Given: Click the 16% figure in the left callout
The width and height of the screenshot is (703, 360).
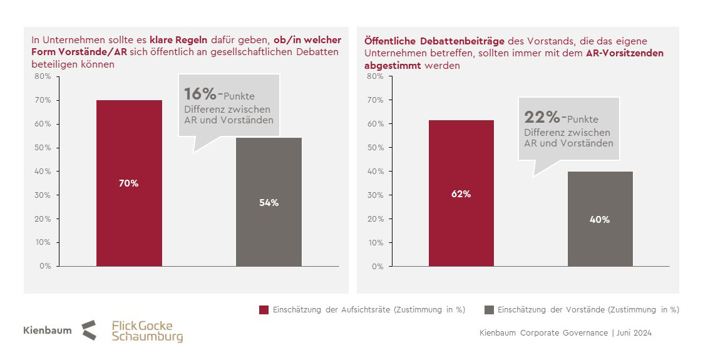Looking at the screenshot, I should pos(200,95).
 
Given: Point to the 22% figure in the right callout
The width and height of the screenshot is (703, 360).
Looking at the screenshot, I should pos(541,118).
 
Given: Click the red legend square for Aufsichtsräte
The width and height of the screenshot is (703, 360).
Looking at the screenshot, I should pos(264,310).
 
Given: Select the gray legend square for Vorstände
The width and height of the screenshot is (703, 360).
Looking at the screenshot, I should pos(489,310).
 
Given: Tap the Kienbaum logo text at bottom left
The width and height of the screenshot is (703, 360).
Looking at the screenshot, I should pos(48,330).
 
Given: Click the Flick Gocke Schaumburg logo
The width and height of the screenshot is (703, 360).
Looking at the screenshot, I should pos(147,331).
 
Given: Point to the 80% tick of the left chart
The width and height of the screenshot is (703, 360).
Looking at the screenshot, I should pos(43,76).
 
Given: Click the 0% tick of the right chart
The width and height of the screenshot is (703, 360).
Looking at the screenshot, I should pos(377,266).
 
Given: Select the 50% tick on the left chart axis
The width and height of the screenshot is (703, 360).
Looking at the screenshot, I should pos(43,148).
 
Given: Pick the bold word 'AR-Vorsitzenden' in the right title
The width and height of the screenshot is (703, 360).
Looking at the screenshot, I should pos(624,53).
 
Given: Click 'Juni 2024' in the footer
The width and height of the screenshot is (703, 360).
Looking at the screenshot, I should pos(634,333).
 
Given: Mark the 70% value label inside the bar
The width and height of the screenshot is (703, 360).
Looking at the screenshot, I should pos(129,183).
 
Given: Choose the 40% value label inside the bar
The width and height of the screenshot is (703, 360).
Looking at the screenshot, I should pos(600,220).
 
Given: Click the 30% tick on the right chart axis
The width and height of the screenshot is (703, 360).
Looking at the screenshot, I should pos(375,195).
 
